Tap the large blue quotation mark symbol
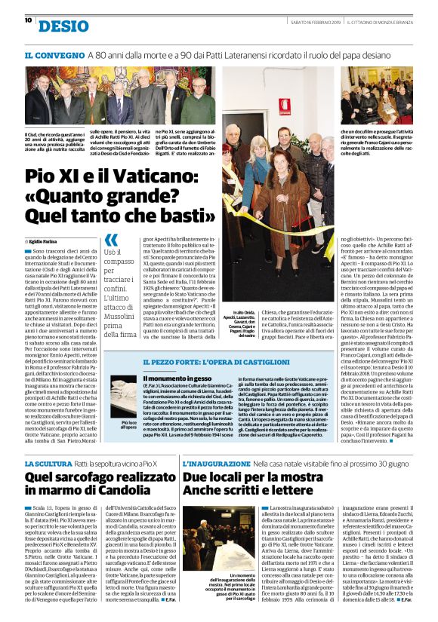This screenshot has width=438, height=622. (x=111, y=239)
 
